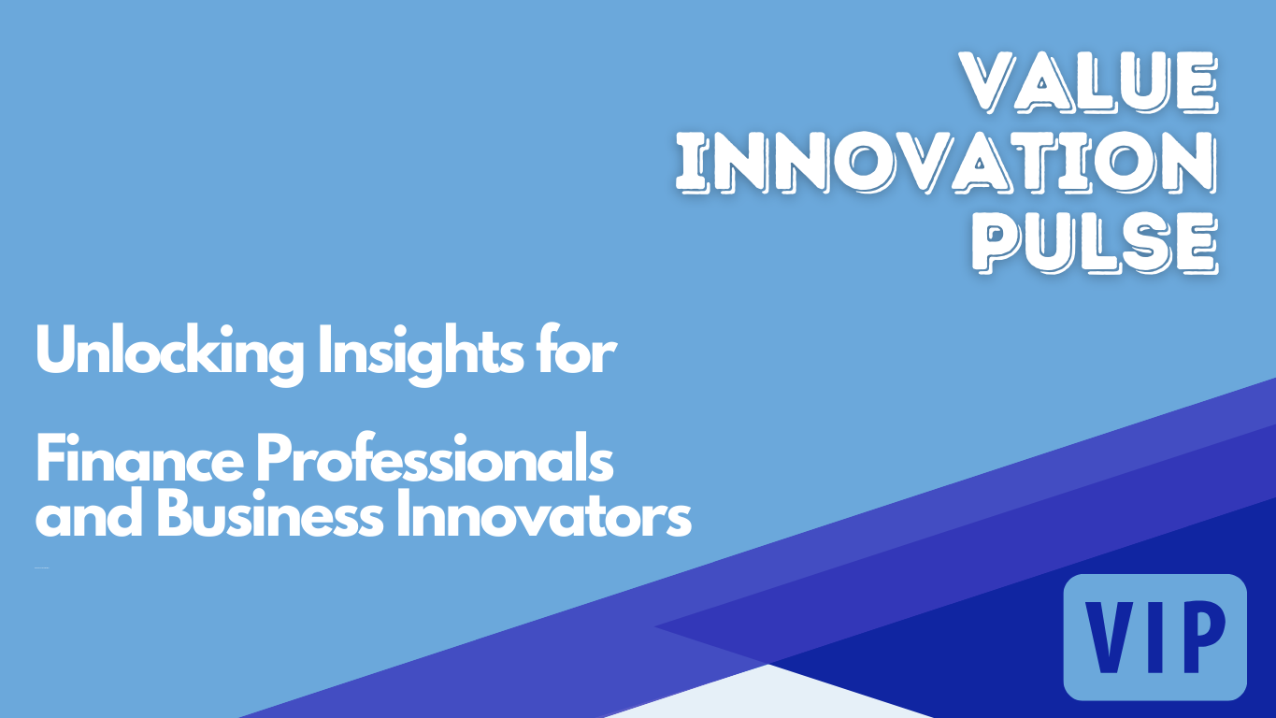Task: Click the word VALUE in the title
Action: [1088, 83]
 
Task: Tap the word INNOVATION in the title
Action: [946, 164]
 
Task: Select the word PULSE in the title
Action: [1095, 243]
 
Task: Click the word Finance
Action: [139, 459]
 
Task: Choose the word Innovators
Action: [544, 513]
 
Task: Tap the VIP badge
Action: [1155, 637]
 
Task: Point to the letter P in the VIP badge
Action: [1202, 638]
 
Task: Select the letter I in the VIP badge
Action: [1154, 638]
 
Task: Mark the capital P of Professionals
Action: [272, 458]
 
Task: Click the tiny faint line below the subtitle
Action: [41, 567]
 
